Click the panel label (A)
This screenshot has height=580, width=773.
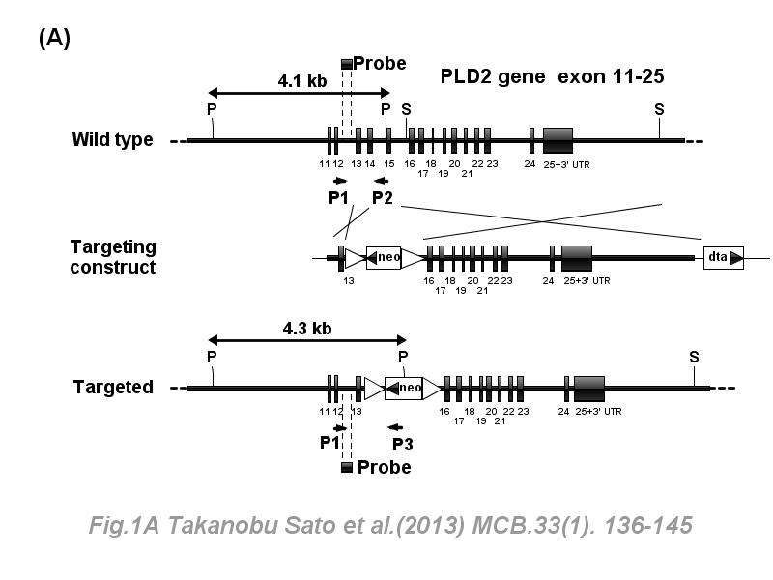(x=54, y=38)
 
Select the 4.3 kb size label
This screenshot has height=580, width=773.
(x=307, y=328)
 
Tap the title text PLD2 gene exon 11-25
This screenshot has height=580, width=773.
(x=552, y=75)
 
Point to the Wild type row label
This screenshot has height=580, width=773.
(x=112, y=139)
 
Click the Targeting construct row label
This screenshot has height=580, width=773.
(x=112, y=257)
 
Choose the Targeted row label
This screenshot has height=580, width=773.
(x=113, y=387)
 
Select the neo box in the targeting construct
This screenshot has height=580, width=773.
(x=384, y=257)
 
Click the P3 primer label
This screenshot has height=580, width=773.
(x=405, y=444)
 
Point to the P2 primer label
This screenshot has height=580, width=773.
(x=383, y=198)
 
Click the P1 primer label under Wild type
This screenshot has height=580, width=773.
(x=337, y=198)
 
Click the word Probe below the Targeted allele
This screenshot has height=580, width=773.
(x=384, y=467)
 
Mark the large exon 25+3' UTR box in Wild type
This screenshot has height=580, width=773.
(x=558, y=140)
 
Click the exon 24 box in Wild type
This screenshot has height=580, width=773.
(x=530, y=140)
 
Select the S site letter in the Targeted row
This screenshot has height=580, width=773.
(x=694, y=357)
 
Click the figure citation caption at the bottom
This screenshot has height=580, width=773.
(x=390, y=526)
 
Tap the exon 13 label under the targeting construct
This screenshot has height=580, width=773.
(x=348, y=280)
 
